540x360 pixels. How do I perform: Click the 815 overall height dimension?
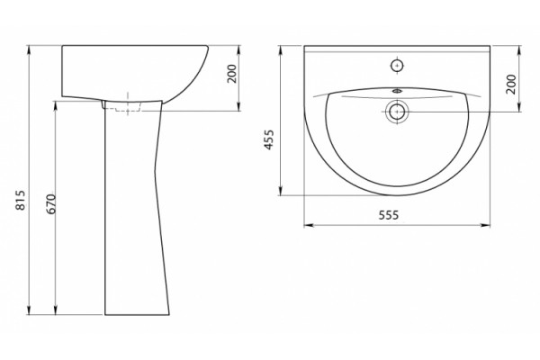tap(22, 200)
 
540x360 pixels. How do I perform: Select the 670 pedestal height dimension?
tap(51, 204)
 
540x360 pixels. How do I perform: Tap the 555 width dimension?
tap(389, 215)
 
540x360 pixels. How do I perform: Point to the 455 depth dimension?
tap(268, 139)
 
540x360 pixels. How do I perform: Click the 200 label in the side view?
tap(232, 74)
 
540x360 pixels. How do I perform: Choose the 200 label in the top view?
tap(511, 84)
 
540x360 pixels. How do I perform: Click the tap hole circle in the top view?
tap(397, 66)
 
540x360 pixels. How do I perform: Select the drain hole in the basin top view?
tap(397, 112)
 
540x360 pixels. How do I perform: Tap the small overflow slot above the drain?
tap(397, 91)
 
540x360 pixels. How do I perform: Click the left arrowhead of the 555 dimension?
tap(308, 225)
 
